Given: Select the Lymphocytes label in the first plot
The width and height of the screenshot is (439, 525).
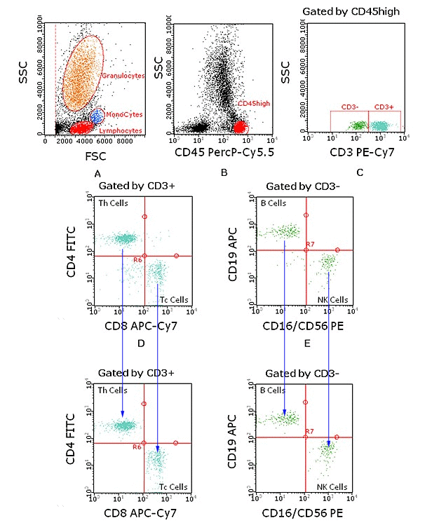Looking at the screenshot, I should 123,131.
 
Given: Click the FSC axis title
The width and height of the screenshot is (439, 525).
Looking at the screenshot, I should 85,156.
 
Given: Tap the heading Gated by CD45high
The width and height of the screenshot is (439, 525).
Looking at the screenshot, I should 363,12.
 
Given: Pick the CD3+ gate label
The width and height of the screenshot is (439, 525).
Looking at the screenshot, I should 384,107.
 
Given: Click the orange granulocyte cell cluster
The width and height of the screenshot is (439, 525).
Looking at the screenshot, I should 82,74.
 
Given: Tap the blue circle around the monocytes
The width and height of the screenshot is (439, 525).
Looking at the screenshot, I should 97,116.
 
